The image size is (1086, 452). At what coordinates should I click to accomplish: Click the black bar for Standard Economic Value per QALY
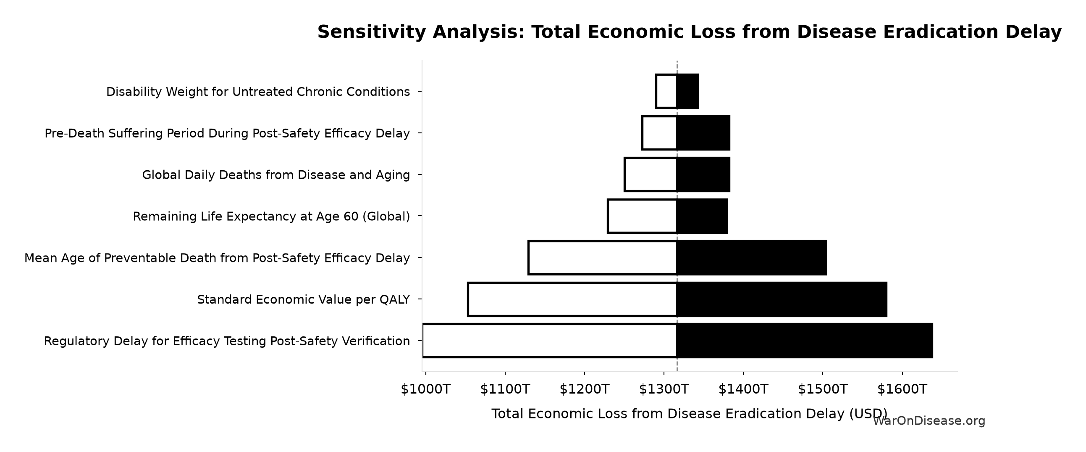pos(782,299)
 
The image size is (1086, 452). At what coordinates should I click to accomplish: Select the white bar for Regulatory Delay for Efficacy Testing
pos(550,341)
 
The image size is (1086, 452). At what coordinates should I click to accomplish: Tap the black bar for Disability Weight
pos(687,91)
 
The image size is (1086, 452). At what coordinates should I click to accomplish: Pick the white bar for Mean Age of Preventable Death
pos(603,257)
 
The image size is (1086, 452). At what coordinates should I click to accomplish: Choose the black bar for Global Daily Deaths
pos(703,174)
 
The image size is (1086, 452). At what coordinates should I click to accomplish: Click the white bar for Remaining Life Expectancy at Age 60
pos(642,216)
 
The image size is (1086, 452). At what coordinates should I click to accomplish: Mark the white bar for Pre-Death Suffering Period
pos(659,133)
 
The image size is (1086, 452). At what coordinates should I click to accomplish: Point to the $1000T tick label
pos(425,389)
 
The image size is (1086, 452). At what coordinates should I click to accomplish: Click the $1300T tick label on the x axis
pos(664,389)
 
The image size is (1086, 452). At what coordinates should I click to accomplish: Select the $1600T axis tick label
pos(902,389)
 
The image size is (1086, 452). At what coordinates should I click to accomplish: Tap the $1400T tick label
pos(743,389)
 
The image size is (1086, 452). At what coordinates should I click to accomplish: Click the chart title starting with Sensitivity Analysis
pos(689,32)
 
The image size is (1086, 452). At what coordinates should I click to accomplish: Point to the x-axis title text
pos(689,414)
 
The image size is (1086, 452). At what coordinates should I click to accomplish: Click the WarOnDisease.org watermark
pos(929,421)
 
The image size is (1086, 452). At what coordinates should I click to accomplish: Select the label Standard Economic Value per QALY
pos(304,299)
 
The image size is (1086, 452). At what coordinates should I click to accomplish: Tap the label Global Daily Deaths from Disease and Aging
pos(276,175)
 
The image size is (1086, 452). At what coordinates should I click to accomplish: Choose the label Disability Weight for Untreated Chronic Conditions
pos(258,92)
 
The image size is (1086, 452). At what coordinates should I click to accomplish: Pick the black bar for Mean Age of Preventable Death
pos(751,257)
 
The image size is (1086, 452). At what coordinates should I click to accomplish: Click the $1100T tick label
pos(505,389)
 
